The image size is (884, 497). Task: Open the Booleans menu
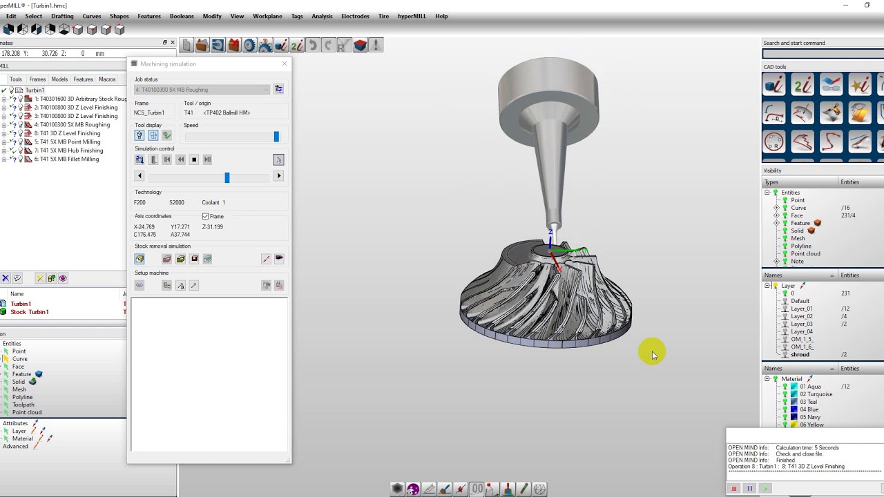click(x=182, y=16)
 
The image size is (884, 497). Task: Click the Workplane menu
click(x=267, y=16)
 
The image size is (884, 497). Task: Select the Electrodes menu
click(x=355, y=16)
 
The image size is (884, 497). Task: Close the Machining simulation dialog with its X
click(x=285, y=64)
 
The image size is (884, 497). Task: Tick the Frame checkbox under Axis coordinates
click(x=206, y=217)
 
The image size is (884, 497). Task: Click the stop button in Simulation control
click(x=194, y=159)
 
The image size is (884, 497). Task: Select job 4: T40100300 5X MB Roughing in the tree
click(x=72, y=125)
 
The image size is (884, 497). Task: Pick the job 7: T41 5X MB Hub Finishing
click(x=68, y=150)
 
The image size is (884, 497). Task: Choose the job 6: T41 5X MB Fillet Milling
click(x=66, y=159)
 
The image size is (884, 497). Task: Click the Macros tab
click(x=107, y=79)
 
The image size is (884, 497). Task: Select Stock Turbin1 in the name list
click(x=29, y=312)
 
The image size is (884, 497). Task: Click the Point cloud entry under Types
click(x=805, y=254)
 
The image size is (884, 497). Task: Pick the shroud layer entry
click(x=800, y=355)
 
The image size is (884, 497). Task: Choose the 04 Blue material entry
click(x=809, y=410)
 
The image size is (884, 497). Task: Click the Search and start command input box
click(x=822, y=54)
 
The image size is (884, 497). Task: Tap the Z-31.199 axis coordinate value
click(x=213, y=227)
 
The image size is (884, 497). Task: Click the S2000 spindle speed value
click(x=177, y=203)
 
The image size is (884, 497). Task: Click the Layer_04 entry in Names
click(x=801, y=332)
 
